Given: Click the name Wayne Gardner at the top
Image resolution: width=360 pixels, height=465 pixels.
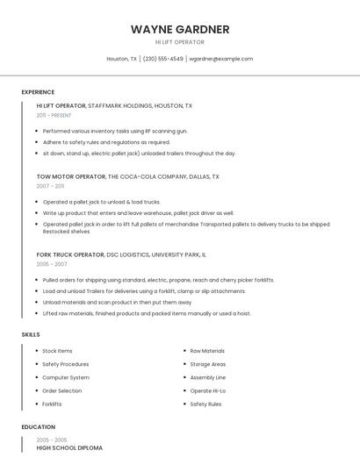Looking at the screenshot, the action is [180, 29].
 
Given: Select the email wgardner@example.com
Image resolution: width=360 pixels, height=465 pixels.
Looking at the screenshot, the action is [221, 59].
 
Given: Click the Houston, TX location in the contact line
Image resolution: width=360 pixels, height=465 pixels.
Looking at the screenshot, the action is [122, 59].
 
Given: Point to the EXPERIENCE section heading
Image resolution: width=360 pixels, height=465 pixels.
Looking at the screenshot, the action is [38, 92].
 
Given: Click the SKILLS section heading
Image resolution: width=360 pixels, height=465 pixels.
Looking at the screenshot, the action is [31, 334].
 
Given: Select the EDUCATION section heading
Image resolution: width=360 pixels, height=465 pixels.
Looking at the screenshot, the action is [38, 427].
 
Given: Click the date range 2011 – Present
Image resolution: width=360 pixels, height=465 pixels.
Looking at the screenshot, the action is [54, 115].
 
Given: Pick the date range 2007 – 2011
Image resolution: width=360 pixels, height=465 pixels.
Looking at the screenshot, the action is [50, 186].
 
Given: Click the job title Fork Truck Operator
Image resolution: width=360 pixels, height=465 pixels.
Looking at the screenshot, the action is [70, 254].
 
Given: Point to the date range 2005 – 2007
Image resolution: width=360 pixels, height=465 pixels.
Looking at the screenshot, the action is [52, 264].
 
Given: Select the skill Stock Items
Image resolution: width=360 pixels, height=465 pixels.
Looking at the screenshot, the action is [57, 351].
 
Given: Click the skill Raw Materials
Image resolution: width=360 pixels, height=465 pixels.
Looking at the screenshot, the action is [207, 351].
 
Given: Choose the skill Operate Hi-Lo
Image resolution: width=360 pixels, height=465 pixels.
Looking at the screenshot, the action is [208, 390].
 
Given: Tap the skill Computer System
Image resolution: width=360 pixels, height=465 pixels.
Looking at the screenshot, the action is [66, 377].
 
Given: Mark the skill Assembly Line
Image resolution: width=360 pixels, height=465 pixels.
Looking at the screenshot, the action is [208, 377].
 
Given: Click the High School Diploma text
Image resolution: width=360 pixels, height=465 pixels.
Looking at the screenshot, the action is [69, 448].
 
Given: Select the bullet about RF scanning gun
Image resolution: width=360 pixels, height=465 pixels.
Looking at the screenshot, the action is [115, 131].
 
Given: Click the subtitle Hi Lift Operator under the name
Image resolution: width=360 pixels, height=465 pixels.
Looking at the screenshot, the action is [180, 42].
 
